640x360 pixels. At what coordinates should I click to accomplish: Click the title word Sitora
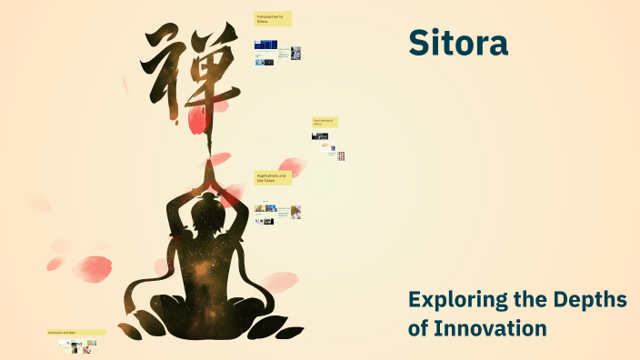457,42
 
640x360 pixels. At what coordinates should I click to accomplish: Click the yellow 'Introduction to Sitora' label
272,19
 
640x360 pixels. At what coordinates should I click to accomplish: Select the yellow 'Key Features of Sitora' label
325,122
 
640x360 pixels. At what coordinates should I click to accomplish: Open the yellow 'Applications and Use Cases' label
272,178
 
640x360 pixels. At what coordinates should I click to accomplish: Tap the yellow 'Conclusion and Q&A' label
76,333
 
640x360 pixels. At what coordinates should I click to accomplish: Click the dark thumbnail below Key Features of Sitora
320,136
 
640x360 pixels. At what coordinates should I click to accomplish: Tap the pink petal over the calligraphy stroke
197,119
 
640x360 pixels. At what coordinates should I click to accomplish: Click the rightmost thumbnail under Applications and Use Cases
295,212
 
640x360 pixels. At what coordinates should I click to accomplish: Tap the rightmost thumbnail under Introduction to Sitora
295,53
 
